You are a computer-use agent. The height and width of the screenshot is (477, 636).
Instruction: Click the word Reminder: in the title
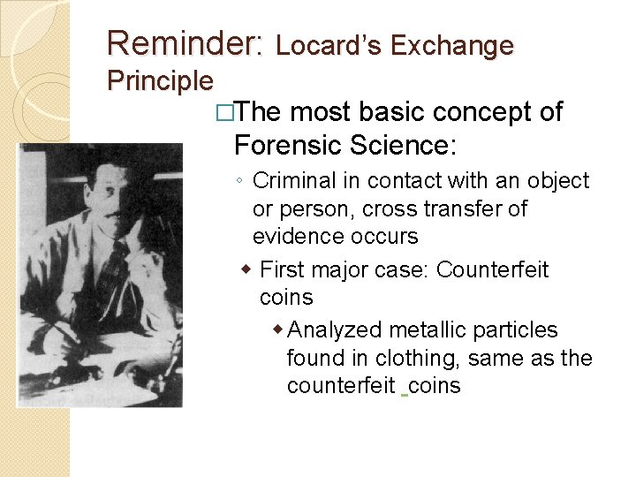[x=185, y=43]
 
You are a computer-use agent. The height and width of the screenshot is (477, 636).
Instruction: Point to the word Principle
[x=160, y=81]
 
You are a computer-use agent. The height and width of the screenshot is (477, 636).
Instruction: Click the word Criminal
[x=292, y=181]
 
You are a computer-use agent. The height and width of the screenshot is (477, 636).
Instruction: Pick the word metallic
[x=429, y=330]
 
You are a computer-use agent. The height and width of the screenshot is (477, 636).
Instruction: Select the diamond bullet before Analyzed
[x=278, y=329]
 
